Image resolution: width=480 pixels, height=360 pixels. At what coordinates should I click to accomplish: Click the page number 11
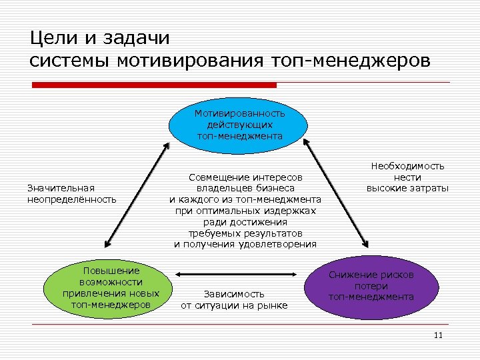(437, 335)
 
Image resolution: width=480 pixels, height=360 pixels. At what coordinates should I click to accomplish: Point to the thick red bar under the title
(155, 85)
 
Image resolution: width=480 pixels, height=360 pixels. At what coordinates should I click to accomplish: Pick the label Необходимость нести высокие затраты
(407, 177)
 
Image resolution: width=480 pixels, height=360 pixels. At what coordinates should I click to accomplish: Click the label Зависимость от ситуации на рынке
(234, 299)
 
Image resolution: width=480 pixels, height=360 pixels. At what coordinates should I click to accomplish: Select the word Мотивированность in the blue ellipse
(240, 114)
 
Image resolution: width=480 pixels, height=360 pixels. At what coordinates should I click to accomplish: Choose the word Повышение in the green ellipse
(111, 271)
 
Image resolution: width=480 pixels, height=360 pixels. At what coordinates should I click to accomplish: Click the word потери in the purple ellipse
(371, 286)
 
